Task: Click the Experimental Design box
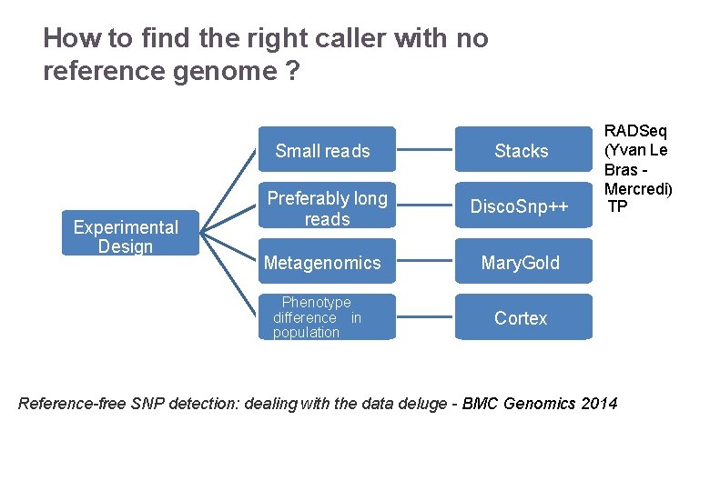[x=126, y=236]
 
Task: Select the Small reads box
[x=322, y=151]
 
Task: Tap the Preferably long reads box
[x=327, y=208]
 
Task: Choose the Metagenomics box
[x=322, y=263]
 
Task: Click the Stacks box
[x=522, y=151]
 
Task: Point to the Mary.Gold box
[x=522, y=263]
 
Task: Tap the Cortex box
[x=522, y=317]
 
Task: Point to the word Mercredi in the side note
[x=638, y=188]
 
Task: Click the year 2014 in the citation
[x=598, y=403]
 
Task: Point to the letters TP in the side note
[x=617, y=206]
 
